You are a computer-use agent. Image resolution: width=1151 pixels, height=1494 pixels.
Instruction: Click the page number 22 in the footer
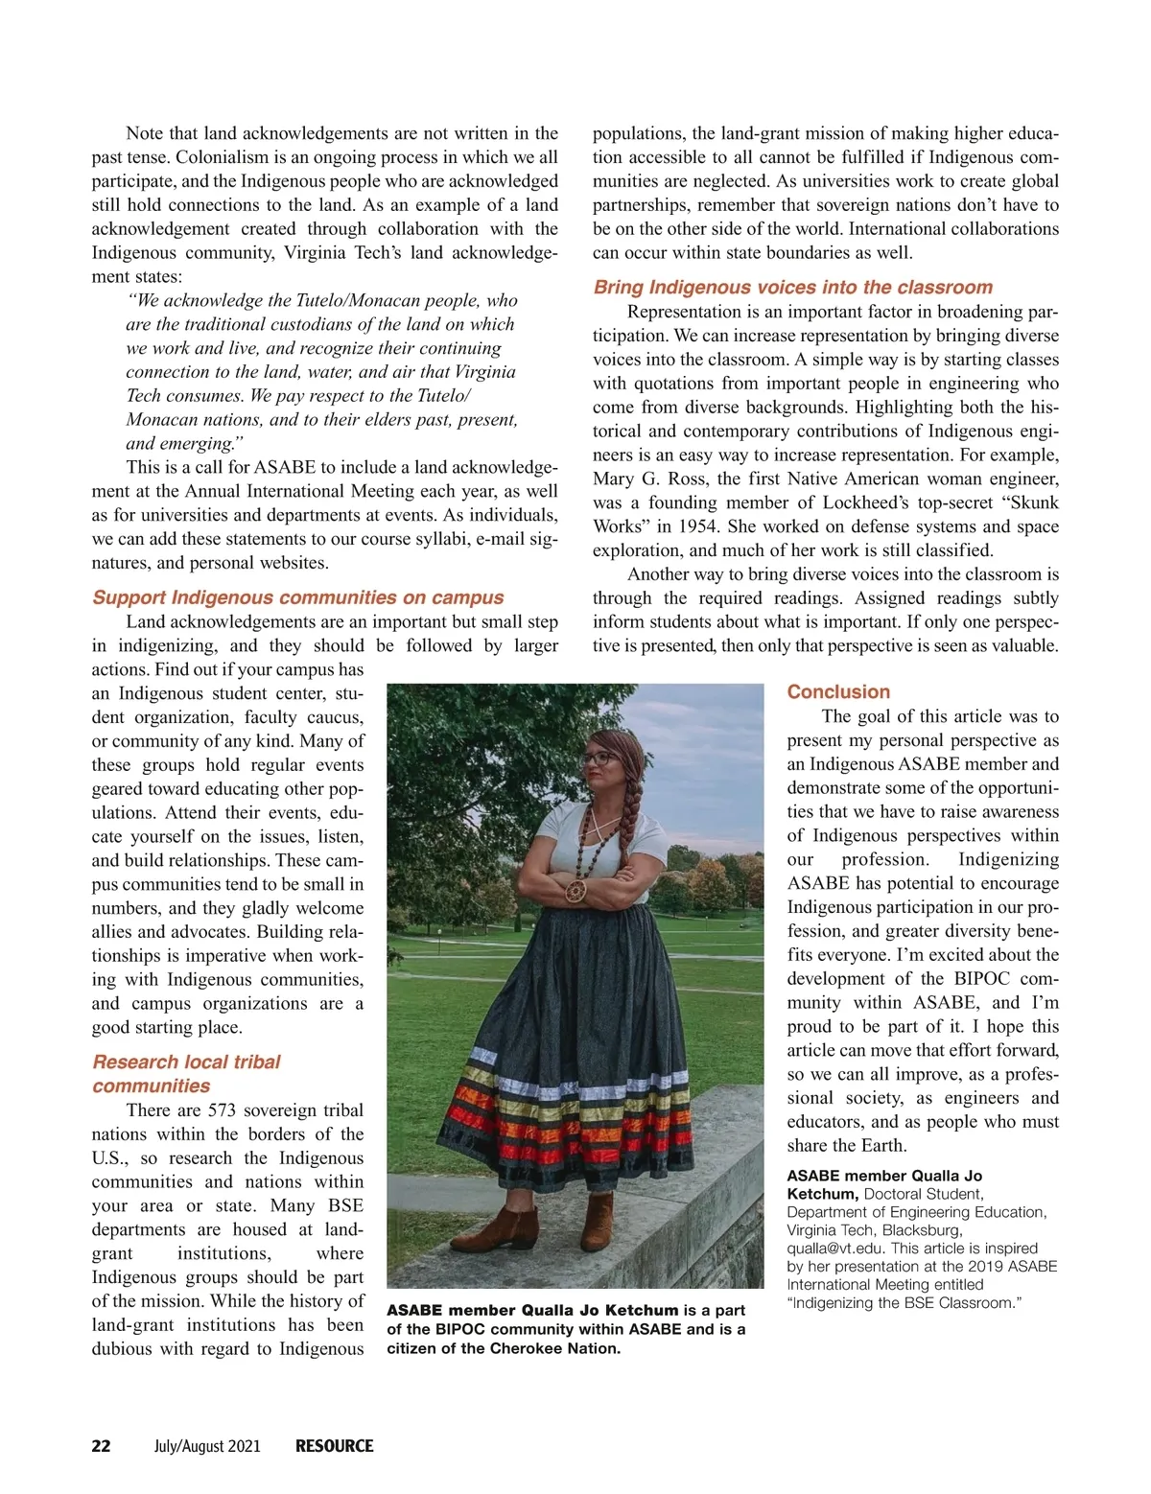(x=101, y=1446)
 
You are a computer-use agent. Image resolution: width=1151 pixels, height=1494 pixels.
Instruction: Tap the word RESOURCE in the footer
(x=334, y=1446)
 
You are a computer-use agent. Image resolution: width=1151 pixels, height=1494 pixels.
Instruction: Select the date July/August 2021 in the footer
(x=207, y=1446)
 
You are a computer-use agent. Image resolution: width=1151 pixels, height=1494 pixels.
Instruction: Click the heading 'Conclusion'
(x=838, y=691)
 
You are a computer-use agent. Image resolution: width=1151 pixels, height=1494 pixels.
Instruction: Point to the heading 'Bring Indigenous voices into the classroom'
(x=792, y=287)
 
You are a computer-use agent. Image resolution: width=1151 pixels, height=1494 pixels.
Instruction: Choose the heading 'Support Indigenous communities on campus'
(x=297, y=597)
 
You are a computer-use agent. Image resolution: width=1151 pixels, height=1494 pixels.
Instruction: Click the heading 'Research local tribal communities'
(x=186, y=1073)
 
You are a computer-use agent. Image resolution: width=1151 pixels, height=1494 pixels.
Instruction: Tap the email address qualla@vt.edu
(x=835, y=1249)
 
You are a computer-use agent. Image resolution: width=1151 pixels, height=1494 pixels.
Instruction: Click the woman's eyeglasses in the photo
(x=601, y=758)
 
